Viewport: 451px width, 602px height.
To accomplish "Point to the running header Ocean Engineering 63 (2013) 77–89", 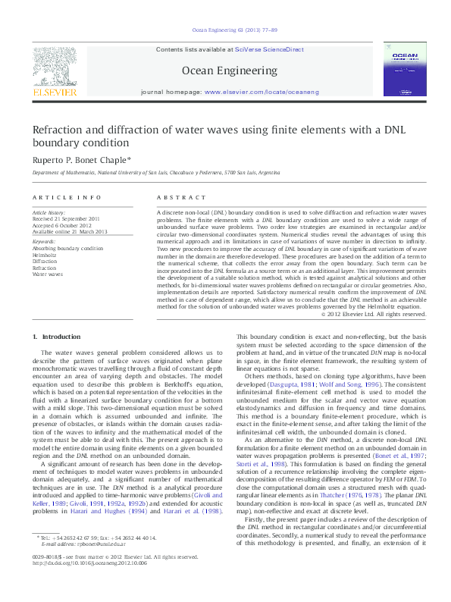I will [x=224, y=30].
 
